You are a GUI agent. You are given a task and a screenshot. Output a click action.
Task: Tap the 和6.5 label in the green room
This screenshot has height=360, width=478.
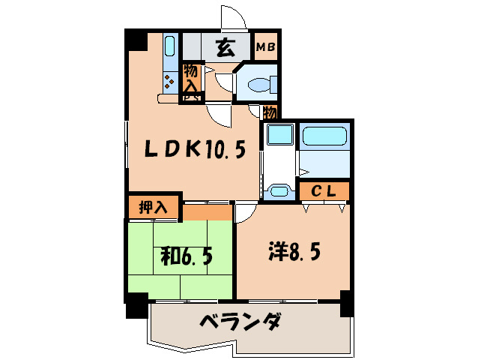(187, 256)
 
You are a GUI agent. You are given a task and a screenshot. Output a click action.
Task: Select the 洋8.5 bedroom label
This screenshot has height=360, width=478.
(294, 252)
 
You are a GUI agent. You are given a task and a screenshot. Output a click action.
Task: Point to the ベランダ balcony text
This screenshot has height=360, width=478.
(240, 323)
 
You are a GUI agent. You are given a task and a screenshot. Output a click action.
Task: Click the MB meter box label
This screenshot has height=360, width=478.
(266, 47)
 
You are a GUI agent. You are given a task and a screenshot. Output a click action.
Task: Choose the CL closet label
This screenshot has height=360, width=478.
(324, 190)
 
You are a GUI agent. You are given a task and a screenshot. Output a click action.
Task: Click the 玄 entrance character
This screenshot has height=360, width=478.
(224, 48)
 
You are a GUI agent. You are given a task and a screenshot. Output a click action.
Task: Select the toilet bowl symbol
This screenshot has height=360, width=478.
(259, 84)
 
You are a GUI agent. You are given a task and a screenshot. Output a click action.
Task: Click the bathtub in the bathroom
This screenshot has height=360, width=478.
(324, 138)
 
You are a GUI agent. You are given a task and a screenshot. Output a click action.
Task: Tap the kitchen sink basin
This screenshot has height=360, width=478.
(169, 47)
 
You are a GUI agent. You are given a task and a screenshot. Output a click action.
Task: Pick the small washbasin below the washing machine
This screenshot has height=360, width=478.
(279, 190)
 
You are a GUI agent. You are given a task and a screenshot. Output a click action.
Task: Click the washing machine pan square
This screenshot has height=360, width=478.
(279, 136)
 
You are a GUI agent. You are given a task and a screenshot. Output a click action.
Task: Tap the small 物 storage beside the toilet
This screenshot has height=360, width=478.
(270, 112)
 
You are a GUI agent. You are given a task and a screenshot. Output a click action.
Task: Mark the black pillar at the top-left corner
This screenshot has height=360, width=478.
(135, 39)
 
